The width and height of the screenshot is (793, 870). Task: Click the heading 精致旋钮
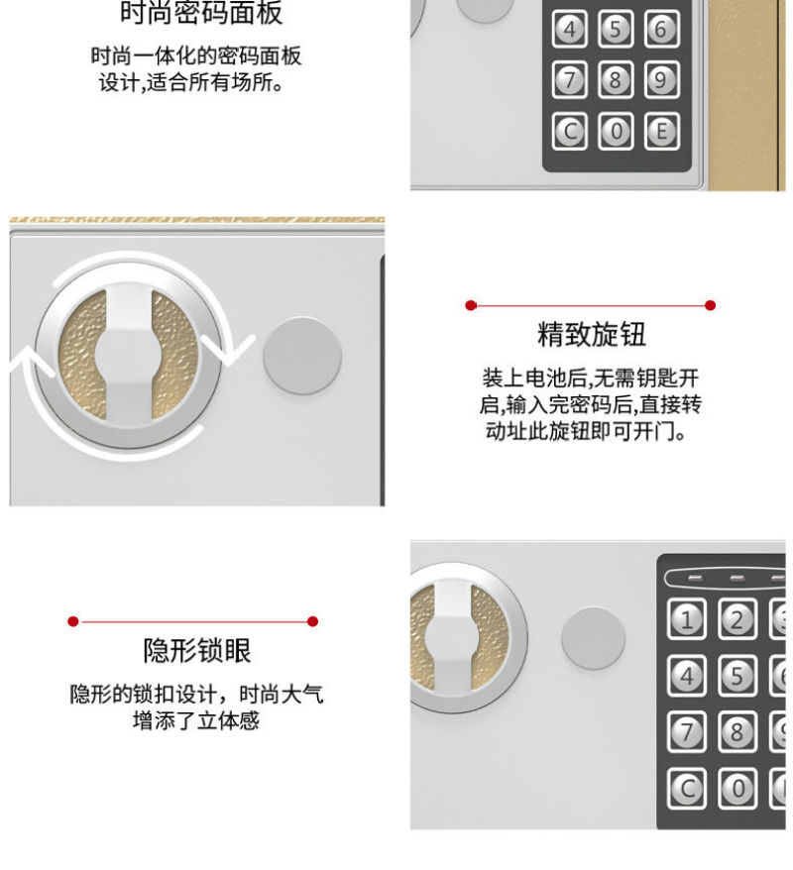pos(592,334)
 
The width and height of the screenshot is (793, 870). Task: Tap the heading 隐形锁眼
pos(197,650)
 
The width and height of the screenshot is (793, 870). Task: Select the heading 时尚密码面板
pos(201,12)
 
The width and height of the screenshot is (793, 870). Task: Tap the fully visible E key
pos(661,132)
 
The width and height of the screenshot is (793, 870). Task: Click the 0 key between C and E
pos(616,132)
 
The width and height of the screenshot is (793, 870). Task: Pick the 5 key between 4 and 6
pos(616,29)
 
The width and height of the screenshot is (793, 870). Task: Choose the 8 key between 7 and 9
pos(616,80)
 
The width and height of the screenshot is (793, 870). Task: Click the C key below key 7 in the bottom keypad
pos(687,789)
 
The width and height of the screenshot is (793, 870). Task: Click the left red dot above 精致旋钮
pos(471,305)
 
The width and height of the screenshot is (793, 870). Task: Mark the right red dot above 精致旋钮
pos(710,305)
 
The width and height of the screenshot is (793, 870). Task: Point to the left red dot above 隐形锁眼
pos(72,621)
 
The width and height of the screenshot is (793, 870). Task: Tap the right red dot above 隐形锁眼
pos(312,621)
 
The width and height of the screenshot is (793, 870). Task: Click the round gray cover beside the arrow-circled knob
pos(302,356)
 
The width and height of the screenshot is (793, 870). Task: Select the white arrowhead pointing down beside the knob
pos(228,350)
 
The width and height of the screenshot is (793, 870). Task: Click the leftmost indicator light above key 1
pos(695,578)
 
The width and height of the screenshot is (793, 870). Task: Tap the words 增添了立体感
pos(196,720)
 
